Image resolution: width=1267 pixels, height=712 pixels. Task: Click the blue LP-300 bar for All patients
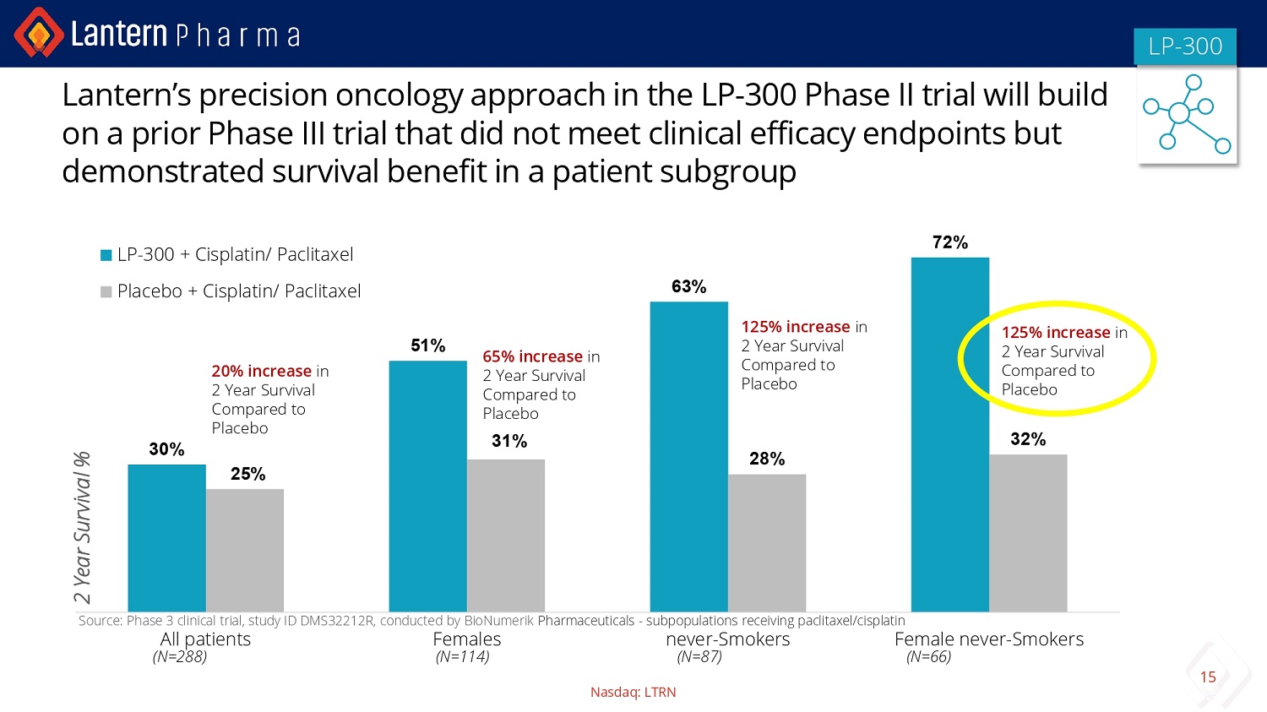pos(166,538)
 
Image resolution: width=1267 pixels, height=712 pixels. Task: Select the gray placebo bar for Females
pos(506,535)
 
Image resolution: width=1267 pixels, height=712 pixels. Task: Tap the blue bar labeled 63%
pos(688,456)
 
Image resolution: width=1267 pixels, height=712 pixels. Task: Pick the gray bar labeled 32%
pos(1028,533)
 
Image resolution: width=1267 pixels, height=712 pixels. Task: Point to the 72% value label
pos(949,243)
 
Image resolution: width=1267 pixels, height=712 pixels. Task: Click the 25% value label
pos(247,475)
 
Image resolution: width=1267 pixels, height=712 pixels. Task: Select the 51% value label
pos(427,346)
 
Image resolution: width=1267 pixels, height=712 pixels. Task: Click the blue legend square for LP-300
pos(106,255)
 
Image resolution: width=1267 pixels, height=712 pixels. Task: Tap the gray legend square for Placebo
pos(106,292)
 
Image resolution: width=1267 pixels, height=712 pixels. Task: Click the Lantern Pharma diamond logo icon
pos(38,33)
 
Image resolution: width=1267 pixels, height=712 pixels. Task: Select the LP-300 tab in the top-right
pos(1185,46)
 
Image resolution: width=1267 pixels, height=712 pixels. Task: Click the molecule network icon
pos(1187,114)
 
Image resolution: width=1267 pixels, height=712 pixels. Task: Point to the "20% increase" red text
pos(261,372)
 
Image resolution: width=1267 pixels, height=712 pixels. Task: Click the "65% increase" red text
pos(532,357)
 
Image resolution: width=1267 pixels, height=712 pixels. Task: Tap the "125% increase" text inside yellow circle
pos(1055,333)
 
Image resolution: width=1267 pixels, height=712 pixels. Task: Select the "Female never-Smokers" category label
pos(988,639)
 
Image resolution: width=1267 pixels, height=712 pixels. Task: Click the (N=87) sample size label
pos(699,657)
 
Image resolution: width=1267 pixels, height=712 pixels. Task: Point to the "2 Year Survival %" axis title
pos(82,528)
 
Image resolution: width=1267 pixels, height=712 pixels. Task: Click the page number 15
pos(1208,677)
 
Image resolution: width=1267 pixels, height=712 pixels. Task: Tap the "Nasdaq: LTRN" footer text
pos(633,693)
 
